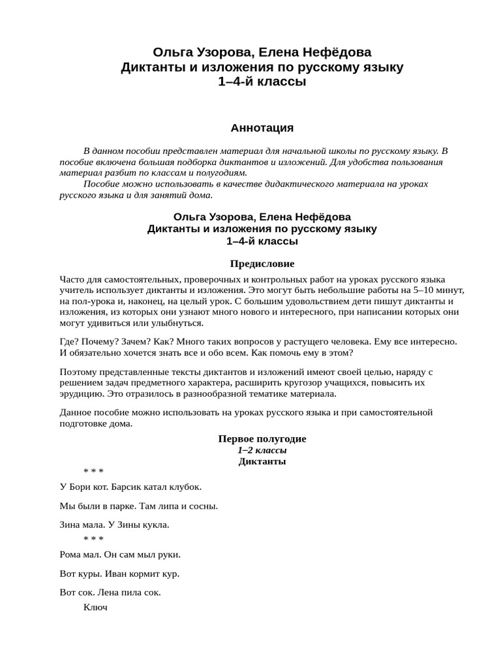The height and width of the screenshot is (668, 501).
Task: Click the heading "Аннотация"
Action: coord(262,128)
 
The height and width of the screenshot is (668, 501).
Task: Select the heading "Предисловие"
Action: coord(262,264)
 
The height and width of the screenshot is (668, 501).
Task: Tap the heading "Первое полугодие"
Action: coord(262,439)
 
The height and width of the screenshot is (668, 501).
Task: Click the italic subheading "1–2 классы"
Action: coord(262,450)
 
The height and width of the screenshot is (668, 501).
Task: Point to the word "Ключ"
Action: coord(95,607)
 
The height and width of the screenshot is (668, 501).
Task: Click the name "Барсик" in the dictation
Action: coord(129,487)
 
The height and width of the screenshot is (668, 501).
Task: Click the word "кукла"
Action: coord(154,524)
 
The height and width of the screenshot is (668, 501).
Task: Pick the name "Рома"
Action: coord(71,554)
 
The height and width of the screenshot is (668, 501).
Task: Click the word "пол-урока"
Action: coord(92,301)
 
